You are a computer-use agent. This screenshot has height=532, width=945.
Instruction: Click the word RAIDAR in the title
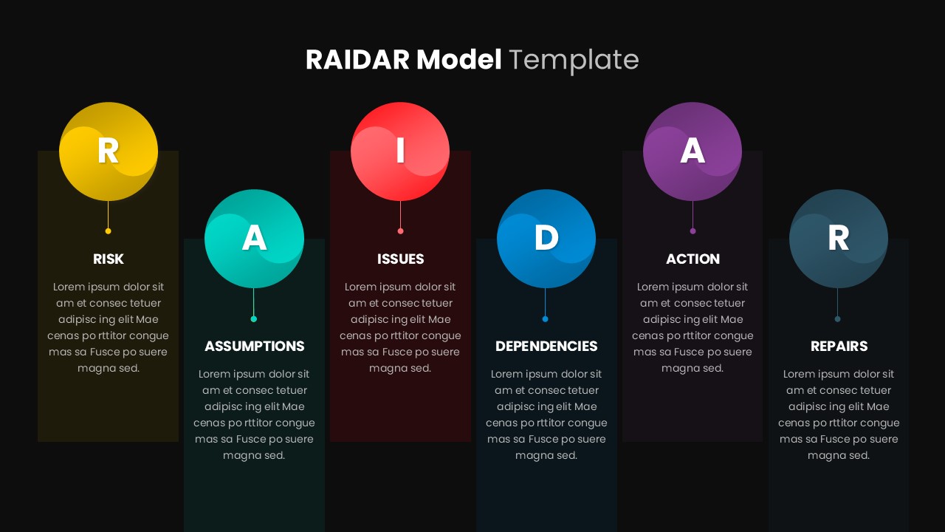(x=357, y=60)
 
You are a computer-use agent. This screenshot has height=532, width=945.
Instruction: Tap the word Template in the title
(x=574, y=60)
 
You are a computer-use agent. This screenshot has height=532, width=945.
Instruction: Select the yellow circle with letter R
(x=109, y=151)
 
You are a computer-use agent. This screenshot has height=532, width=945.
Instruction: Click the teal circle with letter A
(x=254, y=238)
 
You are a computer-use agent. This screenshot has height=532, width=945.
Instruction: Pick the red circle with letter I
(x=400, y=151)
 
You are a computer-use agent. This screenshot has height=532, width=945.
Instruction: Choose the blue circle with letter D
(x=546, y=238)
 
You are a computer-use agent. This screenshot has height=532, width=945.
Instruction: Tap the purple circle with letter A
(x=693, y=151)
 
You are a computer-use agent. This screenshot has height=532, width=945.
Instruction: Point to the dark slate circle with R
(x=838, y=238)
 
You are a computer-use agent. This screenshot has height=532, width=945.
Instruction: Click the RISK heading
(x=109, y=259)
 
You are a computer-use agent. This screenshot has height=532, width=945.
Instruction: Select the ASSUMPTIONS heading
(x=254, y=347)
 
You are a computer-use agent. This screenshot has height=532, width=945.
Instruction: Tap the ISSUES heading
(x=400, y=259)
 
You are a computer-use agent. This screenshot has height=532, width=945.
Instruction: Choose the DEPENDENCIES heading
(x=546, y=347)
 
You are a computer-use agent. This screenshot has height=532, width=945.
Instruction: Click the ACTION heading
(x=693, y=259)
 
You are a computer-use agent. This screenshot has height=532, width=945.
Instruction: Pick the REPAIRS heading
(x=839, y=347)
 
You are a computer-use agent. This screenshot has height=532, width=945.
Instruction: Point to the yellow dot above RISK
(x=109, y=231)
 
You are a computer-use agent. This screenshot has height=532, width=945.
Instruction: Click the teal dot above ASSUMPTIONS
(x=254, y=319)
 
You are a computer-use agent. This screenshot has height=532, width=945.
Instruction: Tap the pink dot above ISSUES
(x=400, y=231)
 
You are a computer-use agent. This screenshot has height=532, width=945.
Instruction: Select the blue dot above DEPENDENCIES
(x=546, y=319)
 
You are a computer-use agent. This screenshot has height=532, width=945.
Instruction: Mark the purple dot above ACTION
(x=693, y=231)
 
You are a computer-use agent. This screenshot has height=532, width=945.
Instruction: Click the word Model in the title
(x=458, y=60)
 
